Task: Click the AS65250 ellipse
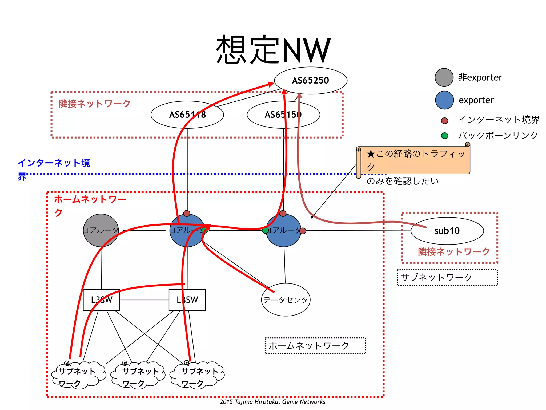[x=311, y=80]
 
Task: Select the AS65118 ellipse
[x=187, y=115]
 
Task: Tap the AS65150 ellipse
[x=283, y=115]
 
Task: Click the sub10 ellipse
[x=447, y=231]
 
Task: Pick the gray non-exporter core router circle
[x=101, y=230]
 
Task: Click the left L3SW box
[x=101, y=300]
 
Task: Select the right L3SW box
[x=187, y=300]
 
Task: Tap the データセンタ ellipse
[x=286, y=300]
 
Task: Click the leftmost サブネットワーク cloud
[x=78, y=375]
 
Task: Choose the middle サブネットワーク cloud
[x=138, y=375]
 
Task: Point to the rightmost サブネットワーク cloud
[x=197, y=375]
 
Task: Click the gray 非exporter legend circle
[x=444, y=77]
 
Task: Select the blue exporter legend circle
[x=444, y=100]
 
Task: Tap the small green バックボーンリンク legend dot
[x=444, y=136]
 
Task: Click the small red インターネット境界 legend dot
[x=444, y=121]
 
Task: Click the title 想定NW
[x=273, y=50]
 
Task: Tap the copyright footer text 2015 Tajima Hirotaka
[x=272, y=402]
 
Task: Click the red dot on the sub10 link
[x=303, y=231]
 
